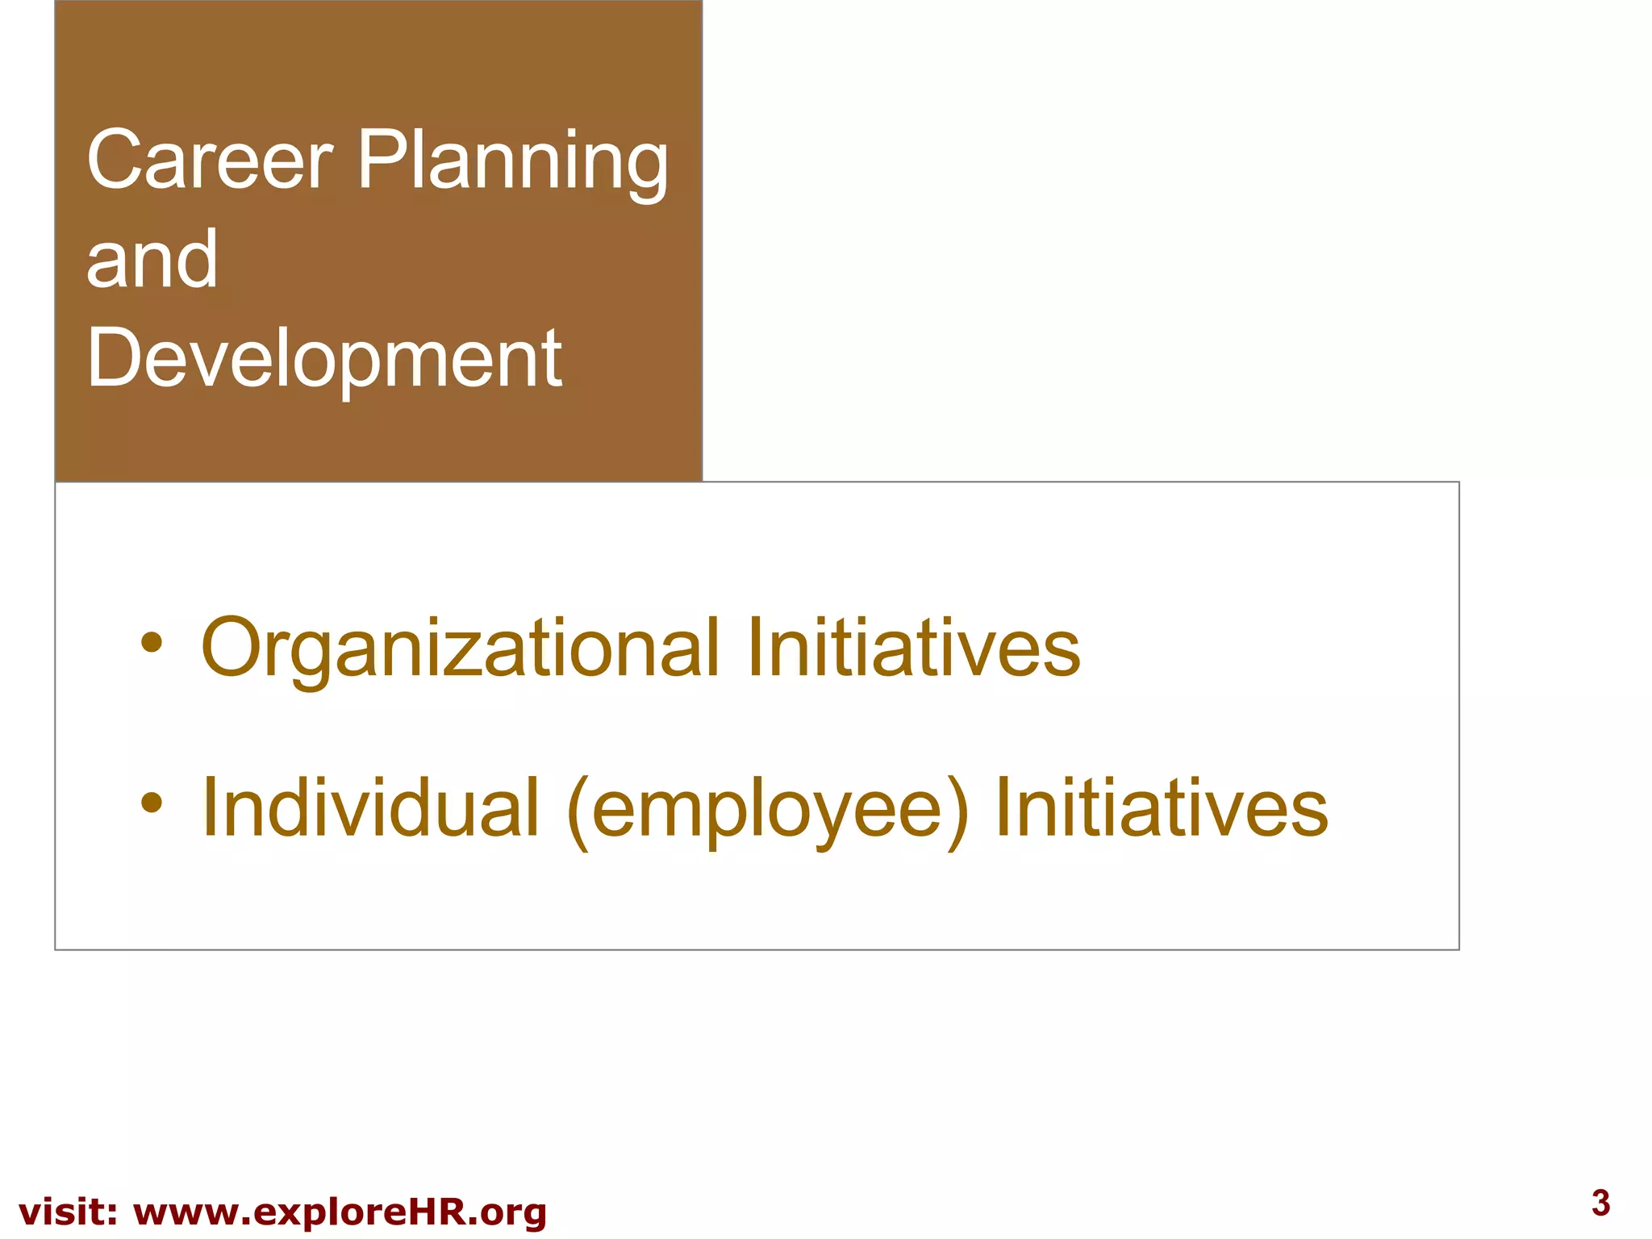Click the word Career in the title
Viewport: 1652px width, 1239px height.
[209, 160]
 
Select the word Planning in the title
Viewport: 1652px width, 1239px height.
[512, 161]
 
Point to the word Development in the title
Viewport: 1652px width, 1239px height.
[324, 358]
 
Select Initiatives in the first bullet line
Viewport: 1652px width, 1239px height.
[913, 647]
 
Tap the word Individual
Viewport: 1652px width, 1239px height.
[370, 807]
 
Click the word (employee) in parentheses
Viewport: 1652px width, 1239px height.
[767, 811]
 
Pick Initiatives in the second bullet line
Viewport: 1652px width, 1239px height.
[1162, 807]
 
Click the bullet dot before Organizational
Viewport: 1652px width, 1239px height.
[152, 644]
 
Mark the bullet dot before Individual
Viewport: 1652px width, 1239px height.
[152, 803]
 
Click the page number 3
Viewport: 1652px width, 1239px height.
[1601, 1203]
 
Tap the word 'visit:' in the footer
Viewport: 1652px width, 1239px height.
[69, 1212]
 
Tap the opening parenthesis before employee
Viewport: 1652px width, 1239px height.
[578, 811]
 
